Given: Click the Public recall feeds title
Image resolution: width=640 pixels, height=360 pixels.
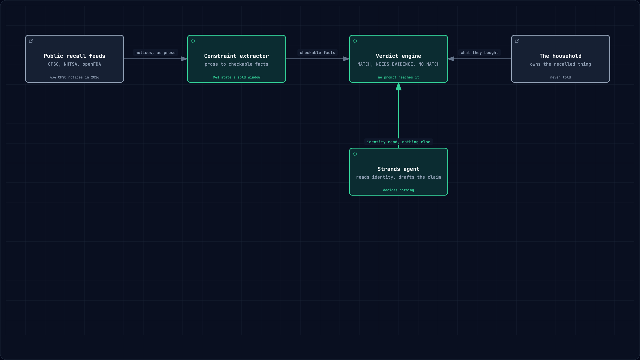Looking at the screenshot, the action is pyautogui.click(x=74, y=56).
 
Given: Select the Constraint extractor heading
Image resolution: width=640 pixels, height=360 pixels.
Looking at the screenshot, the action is pyautogui.click(x=236, y=56).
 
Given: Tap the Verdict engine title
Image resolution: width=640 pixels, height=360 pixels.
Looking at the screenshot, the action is pyautogui.click(x=398, y=56).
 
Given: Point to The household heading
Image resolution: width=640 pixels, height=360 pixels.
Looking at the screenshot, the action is pyautogui.click(x=560, y=56).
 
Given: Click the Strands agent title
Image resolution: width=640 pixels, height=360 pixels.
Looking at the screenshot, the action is pyautogui.click(x=398, y=169).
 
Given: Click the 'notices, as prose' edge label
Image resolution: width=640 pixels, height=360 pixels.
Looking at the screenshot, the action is pyautogui.click(x=155, y=53).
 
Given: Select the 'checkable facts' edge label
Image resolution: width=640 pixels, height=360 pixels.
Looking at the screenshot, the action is pyautogui.click(x=317, y=53).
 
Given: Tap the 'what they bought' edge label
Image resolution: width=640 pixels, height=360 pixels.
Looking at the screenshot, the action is pyautogui.click(x=479, y=53).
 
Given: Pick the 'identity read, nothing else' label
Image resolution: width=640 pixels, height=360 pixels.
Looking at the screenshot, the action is pyautogui.click(x=398, y=142).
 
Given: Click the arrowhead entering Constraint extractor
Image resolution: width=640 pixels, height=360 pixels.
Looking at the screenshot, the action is pyautogui.click(x=184, y=59).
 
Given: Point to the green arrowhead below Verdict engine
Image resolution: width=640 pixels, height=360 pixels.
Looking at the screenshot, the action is pyautogui.click(x=398, y=87).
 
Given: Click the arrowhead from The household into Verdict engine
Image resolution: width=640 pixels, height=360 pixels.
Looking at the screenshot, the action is pyautogui.click(x=451, y=59).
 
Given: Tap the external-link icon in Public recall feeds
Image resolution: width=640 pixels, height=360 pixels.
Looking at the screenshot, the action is pyautogui.click(x=31, y=41).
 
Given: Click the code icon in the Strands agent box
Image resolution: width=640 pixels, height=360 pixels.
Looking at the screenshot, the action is pyautogui.click(x=355, y=154).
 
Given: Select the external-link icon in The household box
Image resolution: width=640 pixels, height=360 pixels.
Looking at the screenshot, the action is pyautogui.click(x=517, y=41).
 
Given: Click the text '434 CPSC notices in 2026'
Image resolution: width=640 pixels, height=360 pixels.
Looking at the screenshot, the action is pyautogui.click(x=74, y=77).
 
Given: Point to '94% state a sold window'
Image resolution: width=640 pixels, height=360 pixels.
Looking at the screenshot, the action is pyautogui.click(x=236, y=77).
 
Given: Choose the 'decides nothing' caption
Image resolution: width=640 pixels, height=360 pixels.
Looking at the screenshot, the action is pyautogui.click(x=398, y=190).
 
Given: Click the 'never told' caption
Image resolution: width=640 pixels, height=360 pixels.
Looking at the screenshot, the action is pyautogui.click(x=560, y=77).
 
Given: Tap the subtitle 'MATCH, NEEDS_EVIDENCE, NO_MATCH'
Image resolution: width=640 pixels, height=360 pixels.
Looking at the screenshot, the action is pyautogui.click(x=398, y=64).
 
